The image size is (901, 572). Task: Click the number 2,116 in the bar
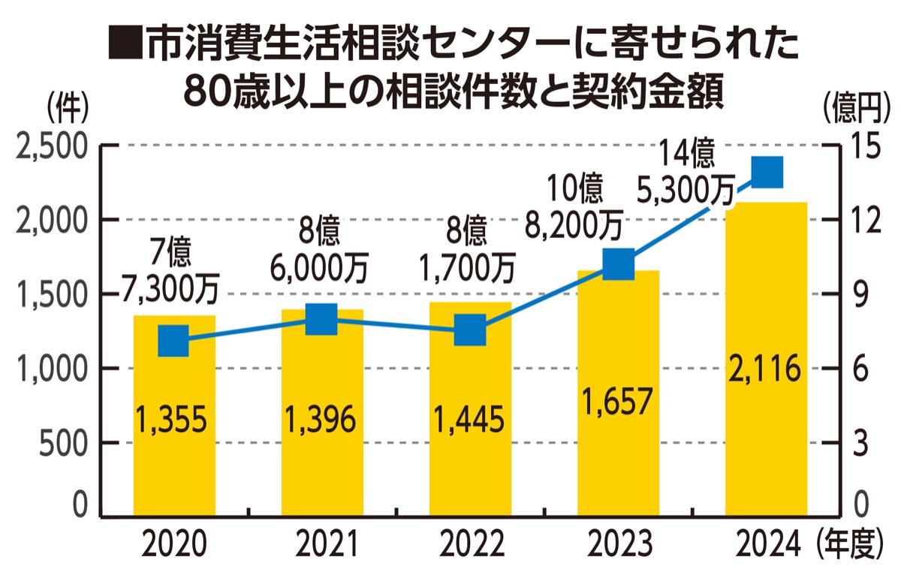click(x=766, y=369)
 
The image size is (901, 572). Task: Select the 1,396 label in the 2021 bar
click(x=322, y=420)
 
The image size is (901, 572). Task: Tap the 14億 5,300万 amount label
click(x=685, y=174)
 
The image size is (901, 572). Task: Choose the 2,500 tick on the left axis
click(x=52, y=146)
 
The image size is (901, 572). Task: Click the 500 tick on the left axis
click(x=63, y=442)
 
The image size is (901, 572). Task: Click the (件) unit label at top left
click(x=68, y=110)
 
